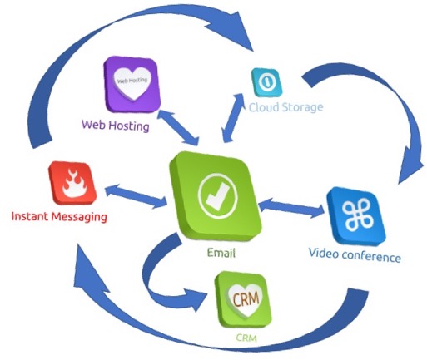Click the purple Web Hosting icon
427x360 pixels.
(132, 84)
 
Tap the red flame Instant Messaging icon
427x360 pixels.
(72, 183)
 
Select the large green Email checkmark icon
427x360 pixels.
(216, 198)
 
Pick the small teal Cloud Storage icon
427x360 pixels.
(266, 82)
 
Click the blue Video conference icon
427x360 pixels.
(356, 216)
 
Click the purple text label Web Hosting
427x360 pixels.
(116, 126)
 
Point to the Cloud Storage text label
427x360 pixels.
(285, 107)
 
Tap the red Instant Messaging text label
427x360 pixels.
(59, 217)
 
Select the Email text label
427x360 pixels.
(221, 253)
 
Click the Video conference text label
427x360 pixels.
(355, 255)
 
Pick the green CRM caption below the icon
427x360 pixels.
(246, 338)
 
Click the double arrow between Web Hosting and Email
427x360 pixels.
(178, 127)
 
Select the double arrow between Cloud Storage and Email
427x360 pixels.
(233, 118)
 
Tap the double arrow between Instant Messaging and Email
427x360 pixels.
(136, 195)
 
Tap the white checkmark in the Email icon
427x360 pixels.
(218, 196)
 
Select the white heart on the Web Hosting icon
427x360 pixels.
(133, 82)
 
